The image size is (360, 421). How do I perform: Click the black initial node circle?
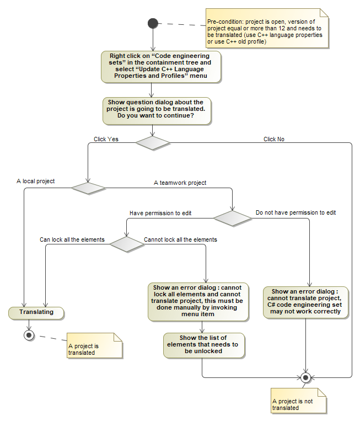(153, 23)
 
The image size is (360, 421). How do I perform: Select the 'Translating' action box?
(36, 312)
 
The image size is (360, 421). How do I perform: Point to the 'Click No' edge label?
(274, 139)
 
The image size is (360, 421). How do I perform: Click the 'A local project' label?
(36, 181)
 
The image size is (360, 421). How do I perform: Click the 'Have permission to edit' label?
(160, 212)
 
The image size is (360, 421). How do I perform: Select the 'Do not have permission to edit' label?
(296, 212)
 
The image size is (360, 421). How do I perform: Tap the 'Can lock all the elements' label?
(72, 240)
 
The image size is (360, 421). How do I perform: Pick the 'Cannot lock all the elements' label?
(180, 240)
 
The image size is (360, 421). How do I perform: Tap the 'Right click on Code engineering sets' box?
(161, 67)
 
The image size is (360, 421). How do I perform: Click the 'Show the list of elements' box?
(203, 344)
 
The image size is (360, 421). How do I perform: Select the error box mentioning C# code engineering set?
(306, 301)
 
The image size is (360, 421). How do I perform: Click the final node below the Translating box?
(29, 335)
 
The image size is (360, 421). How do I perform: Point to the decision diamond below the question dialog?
(153, 142)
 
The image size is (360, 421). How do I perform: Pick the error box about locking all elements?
(198, 301)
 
